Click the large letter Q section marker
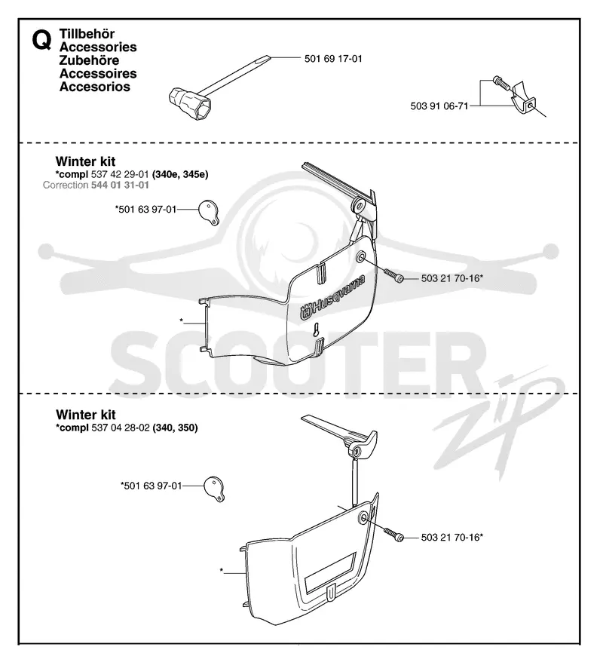[x=41, y=41]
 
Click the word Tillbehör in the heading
[x=87, y=34]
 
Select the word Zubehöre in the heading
[x=89, y=60]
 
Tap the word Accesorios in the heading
[x=94, y=87]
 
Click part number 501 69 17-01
[x=333, y=59]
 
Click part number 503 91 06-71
[x=439, y=106]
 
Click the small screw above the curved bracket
[x=501, y=83]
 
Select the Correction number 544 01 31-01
[x=120, y=185]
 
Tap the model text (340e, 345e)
[x=180, y=174]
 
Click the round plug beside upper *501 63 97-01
[x=208, y=213]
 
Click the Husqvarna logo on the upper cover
[x=332, y=297]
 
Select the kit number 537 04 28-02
[x=121, y=428]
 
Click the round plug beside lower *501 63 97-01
[x=214, y=489]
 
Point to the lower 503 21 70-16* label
[x=451, y=537]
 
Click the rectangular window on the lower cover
[x=330, y=572]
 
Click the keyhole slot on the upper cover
[x=317, y=330]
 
